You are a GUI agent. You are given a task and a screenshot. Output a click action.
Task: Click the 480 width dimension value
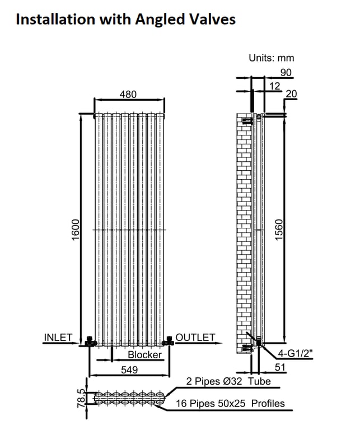(x=128, y=94)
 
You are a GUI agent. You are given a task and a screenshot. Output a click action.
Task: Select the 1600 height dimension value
(x=76, y=230)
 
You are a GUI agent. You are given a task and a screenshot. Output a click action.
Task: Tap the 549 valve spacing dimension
(x=129, y=370)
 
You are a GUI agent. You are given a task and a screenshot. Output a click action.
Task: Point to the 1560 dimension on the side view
(x=279, y=230)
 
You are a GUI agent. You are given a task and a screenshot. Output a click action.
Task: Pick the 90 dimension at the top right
(x=286, y=72)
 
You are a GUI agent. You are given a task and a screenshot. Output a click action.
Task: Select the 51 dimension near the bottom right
(x=280, y=367)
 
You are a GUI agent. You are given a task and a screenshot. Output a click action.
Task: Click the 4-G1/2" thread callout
(x=295, y=353)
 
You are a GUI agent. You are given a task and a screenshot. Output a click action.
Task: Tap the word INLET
(x=58, y=338)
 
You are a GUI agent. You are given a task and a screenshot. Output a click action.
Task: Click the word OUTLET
(x=195, y=338)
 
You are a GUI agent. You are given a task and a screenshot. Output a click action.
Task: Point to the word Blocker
(x=144, y=354)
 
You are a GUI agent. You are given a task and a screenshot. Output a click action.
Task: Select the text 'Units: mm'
(x=271, y=58)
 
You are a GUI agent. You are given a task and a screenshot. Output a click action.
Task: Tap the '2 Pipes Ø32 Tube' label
(x=228, y=381)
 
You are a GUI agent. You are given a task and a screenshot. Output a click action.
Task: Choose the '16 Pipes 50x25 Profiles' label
(x=230, y=403)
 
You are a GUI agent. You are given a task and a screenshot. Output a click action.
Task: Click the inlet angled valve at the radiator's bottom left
(x=90, y=341)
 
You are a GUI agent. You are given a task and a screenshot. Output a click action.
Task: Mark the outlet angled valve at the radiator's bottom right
(x=169, y=340)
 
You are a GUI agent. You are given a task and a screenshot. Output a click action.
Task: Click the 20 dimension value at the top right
(x=291, y=94)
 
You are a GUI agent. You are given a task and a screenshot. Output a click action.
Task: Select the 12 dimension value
(x=275, y=86)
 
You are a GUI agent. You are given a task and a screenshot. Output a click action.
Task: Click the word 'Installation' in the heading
(x=55, y=20)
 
